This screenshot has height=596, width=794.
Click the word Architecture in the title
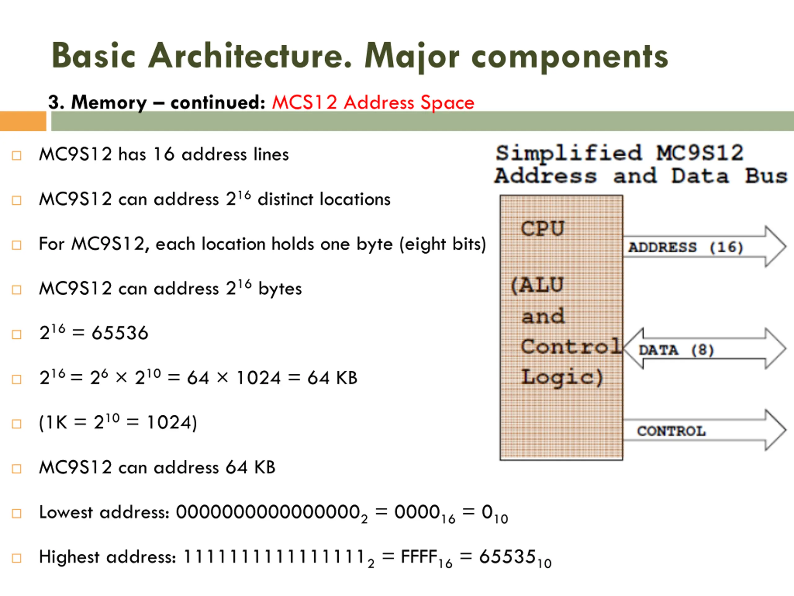(250, 55)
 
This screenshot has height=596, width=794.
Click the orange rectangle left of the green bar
(23, 121)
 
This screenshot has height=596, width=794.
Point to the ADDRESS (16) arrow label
(685, 247)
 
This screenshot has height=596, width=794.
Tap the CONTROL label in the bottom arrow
(671, 431)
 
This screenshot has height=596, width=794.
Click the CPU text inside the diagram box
(543, 228)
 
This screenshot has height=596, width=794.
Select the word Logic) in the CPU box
(562, 377)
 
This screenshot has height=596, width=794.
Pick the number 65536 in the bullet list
(120, 333)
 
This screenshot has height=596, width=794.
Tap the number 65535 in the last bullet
(507, 557)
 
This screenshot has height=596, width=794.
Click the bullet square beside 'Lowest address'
(16, 513)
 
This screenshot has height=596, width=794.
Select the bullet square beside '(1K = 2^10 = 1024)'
(16, 424)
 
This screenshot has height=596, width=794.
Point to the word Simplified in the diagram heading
(569, 153)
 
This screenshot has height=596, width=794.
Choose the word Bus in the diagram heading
(766, 176)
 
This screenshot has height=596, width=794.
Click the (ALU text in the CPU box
(537, 285)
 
